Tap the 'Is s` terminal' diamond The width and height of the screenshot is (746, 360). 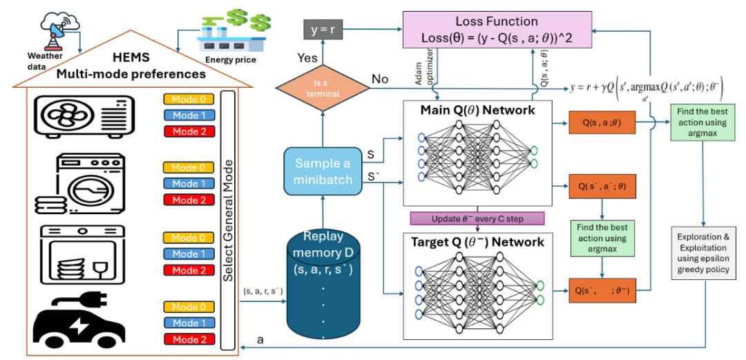click(x=313, y=88)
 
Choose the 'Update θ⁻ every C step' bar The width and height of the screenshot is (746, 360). click(x=477, y=218)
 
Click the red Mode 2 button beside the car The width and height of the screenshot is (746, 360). click(x=189, y=339)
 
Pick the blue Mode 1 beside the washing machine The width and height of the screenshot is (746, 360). click(x=189, y=184)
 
